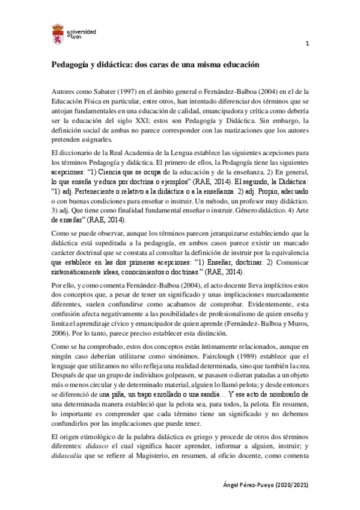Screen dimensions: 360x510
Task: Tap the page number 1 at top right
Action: click(x=308, y=44)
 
